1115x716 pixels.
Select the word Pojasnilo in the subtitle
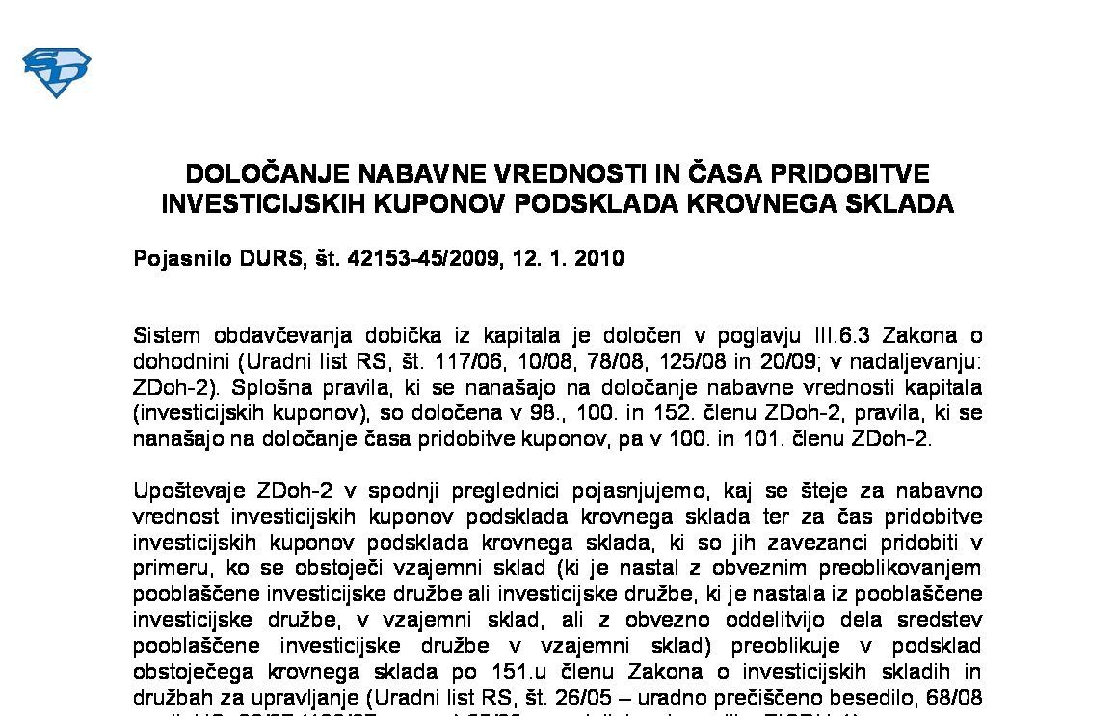coord(183,258)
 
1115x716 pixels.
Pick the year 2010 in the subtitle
coord(597,258)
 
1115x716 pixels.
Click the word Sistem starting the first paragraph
coord(167,336)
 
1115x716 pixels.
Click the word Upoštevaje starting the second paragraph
coord(182,491)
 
